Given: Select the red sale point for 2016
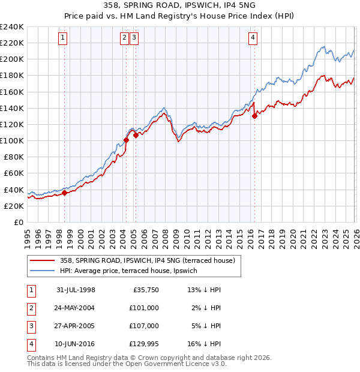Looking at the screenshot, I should click(x=254, y=116).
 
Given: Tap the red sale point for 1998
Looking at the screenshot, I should click(x=65, y=193).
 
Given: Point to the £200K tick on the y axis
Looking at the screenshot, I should click(x=12, y=59).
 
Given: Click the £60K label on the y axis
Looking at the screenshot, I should click(x=14, y=173).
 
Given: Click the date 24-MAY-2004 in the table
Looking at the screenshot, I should click(x=76, y=308).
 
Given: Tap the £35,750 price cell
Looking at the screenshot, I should click(x=144, y=290).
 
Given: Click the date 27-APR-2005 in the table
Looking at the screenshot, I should click(x=76, y=326).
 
